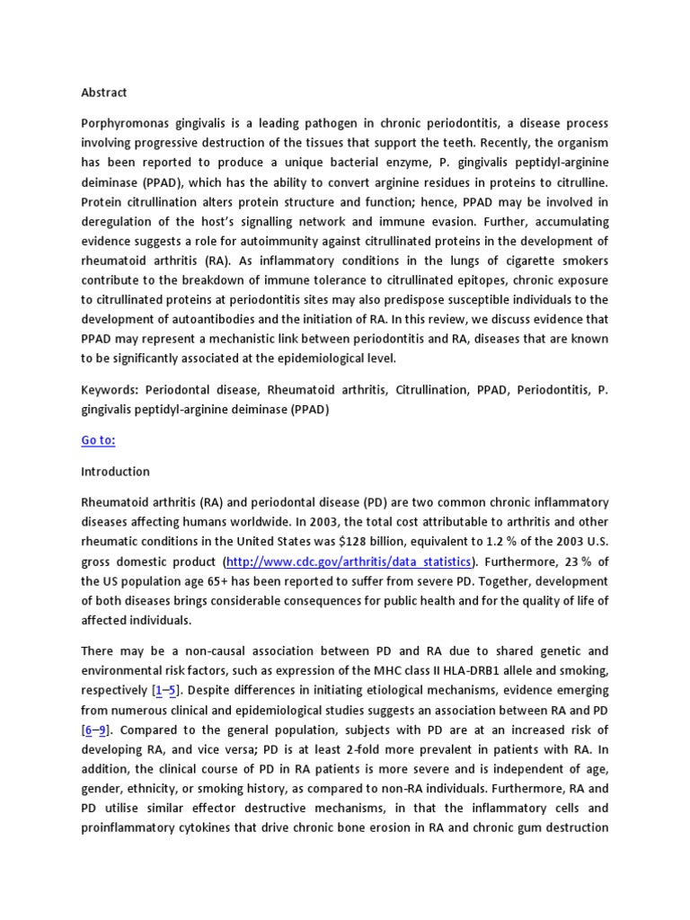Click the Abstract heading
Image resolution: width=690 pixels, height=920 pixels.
(104, 93)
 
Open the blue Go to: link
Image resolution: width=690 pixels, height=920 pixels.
(98, 440)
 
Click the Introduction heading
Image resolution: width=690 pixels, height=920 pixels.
(115, 471)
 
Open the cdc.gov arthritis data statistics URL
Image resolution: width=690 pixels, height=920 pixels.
(348, 561)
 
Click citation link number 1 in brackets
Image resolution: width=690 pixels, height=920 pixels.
(159, 690)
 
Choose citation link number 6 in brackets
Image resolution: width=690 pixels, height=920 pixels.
(89, 729)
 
